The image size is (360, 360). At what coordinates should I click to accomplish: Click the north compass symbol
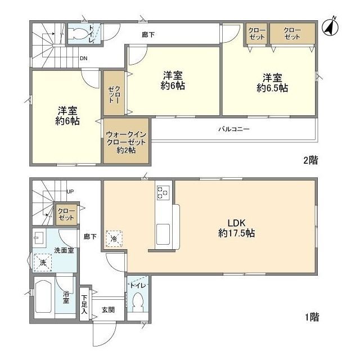pos(330,26)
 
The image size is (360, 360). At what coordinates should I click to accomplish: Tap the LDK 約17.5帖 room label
pos(236,226)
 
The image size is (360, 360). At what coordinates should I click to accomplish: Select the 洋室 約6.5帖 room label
pos(273,83)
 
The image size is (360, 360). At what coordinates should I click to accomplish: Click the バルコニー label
pos(234,129)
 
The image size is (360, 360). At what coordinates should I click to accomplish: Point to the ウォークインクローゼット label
pos(127,142)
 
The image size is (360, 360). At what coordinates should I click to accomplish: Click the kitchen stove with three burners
pos(163,192)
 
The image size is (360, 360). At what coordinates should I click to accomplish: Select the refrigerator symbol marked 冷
pos(114,238)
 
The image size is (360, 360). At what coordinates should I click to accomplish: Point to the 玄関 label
pos(109,309)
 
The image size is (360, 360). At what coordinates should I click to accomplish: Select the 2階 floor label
pos(310,160)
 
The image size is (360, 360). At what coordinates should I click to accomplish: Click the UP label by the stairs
pos(70,192)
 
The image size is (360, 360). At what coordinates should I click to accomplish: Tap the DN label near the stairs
pos(83,57)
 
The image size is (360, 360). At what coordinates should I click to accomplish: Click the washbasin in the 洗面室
pos(40,236)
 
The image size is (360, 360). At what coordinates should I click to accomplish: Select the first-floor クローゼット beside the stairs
pos(66,214)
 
